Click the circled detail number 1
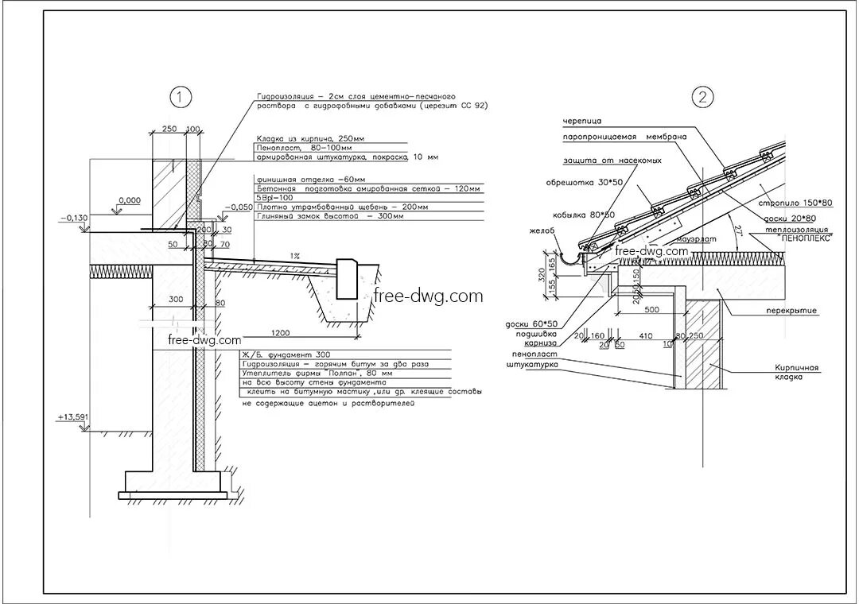tap(181, 98)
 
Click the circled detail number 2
tap(702, 98)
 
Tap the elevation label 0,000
tap(129, 200)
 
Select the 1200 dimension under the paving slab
tap(279, 332)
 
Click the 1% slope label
tap(295, 256)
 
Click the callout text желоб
tap(541, 231)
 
